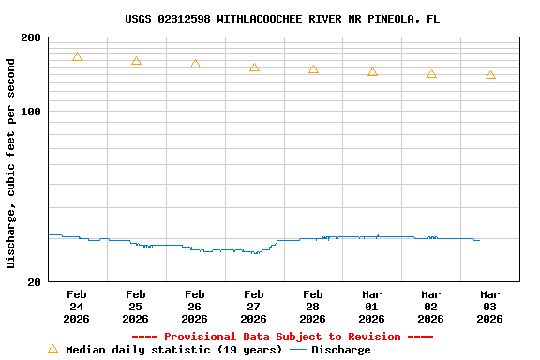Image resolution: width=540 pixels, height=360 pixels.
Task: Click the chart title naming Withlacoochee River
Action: click(x=282, y=19)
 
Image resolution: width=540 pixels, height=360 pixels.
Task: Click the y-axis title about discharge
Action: click(x=11, y=163)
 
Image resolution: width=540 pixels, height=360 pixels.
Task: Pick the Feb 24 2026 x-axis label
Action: click(x=77, y=306)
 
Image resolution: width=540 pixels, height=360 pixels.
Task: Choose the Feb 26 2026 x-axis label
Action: click(x=195, y=306)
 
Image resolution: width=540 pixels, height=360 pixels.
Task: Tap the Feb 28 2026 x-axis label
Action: click(x=313, y=306)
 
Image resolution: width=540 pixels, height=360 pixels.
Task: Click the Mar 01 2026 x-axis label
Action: click(x=372, y=306)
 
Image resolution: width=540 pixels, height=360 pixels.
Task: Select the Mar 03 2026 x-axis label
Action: click(x=490, y=306)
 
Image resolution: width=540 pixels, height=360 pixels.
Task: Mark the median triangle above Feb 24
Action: click(x=77, y=57)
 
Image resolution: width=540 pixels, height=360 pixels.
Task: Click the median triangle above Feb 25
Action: click(x=136, y=61)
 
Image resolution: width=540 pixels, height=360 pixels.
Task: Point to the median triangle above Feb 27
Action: click(x=254, y=67)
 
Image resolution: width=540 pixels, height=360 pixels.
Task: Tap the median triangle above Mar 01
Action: click(x=372, y=72)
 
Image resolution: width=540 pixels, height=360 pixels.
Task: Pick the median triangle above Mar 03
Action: click(x=490, y=75)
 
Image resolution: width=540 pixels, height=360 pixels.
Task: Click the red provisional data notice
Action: click(x=282, y=337)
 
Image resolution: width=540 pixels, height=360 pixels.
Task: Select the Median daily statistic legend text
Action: click(x=173, y=350)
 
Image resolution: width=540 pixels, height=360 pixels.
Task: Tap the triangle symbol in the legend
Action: click(x=52, y=349)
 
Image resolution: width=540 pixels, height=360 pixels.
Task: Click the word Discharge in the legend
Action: click(x=340, y=350)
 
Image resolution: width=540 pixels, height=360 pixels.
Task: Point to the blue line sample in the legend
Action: click(x=298, y=350)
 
